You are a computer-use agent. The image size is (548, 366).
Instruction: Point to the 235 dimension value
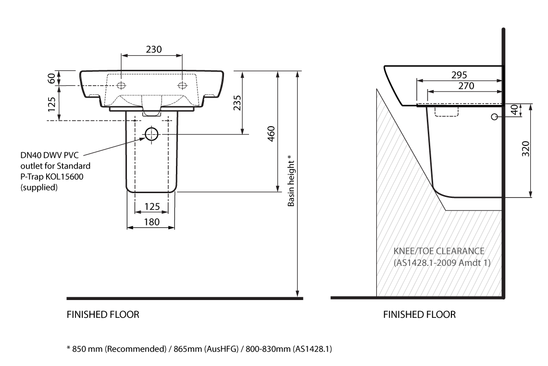(237, 103)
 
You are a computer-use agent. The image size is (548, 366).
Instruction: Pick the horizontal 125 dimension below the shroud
(151, 207)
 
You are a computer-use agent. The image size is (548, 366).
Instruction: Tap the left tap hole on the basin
(121, 86)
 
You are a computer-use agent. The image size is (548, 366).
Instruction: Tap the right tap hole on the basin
(183, 86)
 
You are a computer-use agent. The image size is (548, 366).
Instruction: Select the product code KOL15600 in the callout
(61, 177)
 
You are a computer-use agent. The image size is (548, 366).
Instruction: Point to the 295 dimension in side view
(460, 75)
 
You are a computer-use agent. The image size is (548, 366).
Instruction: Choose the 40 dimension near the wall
(514, 110)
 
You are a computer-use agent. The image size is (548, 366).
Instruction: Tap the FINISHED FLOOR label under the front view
(103, 315)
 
